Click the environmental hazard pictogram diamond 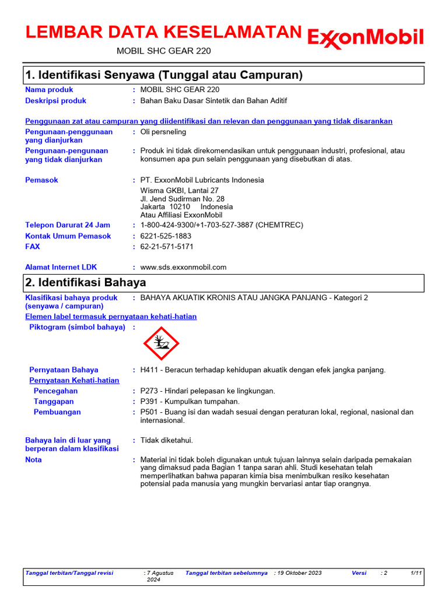point(161,343)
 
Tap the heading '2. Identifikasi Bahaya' point(86,282)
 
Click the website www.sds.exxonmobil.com point(183,267)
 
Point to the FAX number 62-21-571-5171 point(167,247)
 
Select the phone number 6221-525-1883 point(166,236)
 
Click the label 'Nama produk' point(49,90)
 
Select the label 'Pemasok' point(41,180)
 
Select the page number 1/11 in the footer point(416,573)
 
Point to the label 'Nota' point(33,460)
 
